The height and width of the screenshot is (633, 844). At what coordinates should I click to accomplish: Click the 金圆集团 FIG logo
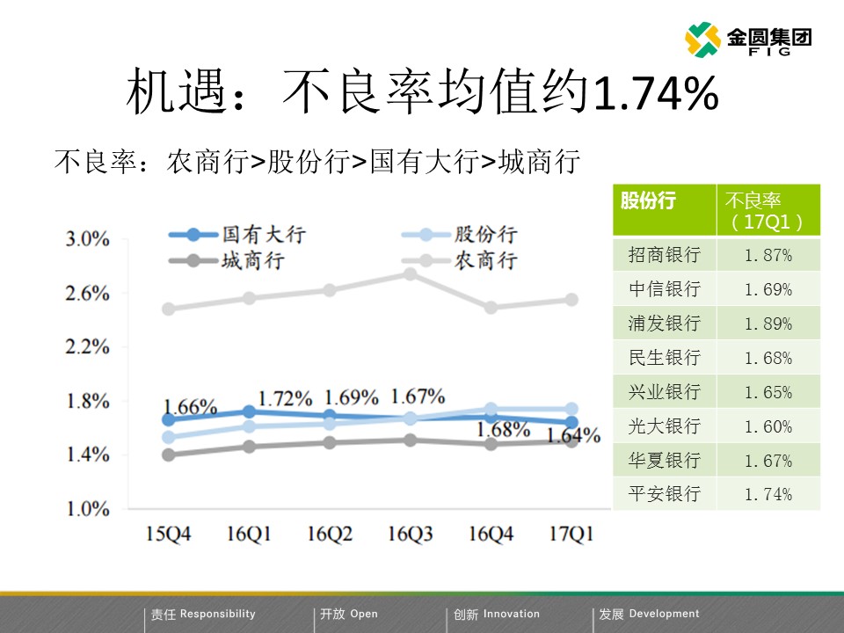(748, 40)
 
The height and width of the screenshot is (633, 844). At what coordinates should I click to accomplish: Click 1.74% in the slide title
(656, 94)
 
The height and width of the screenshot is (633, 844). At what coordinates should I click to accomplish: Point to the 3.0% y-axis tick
(87, 239)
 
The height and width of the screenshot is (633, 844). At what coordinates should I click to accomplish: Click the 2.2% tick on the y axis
(87, 347)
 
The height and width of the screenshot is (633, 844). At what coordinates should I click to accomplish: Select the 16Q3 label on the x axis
(411, 533)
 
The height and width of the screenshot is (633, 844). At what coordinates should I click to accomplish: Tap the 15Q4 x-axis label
(168, 533)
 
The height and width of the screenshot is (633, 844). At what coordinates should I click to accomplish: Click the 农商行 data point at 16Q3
(411, 273)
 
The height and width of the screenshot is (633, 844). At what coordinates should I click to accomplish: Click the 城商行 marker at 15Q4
(168, 455)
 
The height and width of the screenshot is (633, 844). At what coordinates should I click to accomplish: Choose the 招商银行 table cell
(665, 255)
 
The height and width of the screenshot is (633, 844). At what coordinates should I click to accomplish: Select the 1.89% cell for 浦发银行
(768, 324)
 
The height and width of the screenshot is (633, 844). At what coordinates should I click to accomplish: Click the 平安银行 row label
(665, 494)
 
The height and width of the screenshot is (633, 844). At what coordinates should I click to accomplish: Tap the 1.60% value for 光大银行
(768, 426)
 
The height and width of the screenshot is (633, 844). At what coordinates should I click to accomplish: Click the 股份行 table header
(648, 200)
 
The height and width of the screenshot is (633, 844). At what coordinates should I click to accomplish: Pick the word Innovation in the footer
(512, 615)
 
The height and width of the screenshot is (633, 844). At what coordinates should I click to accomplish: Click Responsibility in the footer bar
(217, 615)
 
